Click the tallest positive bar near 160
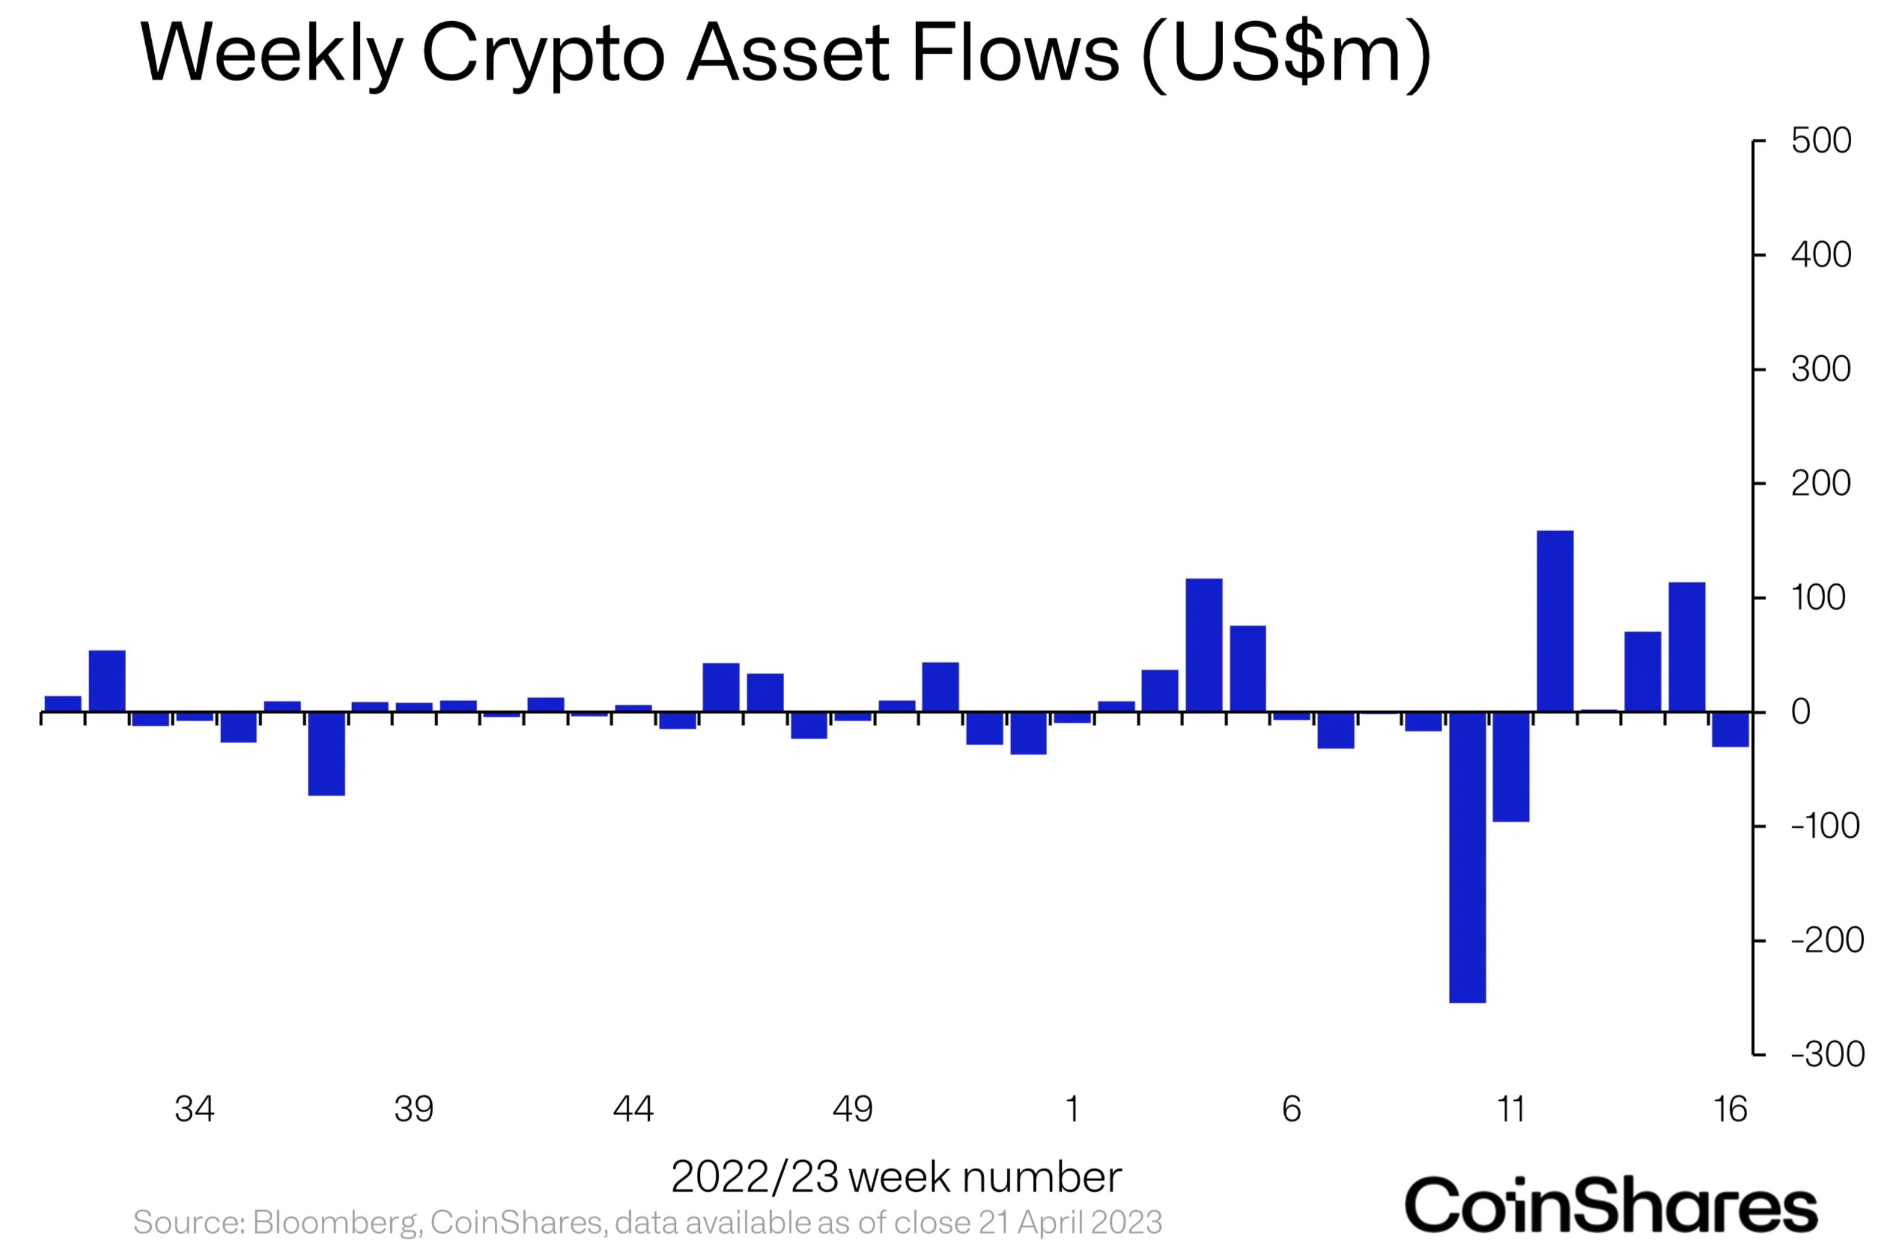coord(1554,621)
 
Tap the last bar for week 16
coord(1730,729)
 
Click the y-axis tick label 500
coord(1821,141)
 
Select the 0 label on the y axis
coord(1800,712)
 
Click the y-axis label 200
coord(1821,484)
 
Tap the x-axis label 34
coord(194,1109)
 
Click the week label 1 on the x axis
coord(1073,1109)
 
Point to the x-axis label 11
coord(1511,1109)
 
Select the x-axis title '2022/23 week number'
coord(897,1177)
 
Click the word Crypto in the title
coord(543,54)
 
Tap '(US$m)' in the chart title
coord(1286,54)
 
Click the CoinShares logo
coord(1612,1205)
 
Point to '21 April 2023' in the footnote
coord(1070,1222)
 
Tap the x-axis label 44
coord(633,1109)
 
